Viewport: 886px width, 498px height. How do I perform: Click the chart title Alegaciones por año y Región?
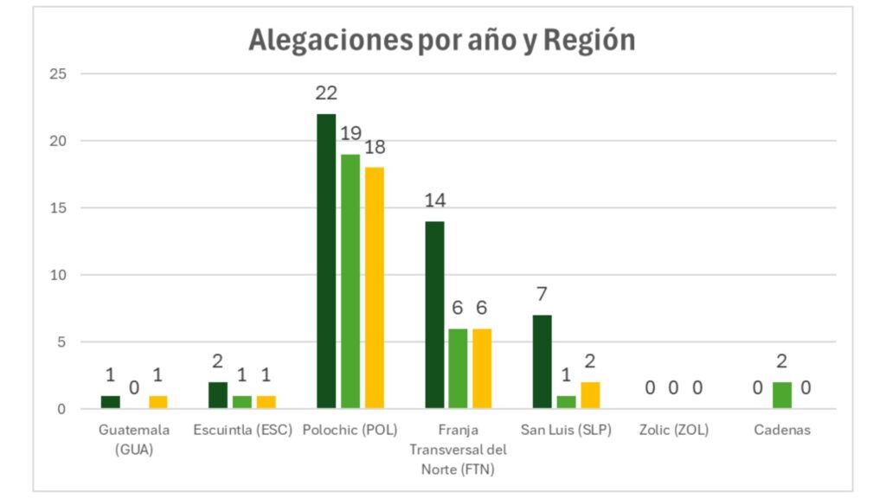click(x=441, y=40)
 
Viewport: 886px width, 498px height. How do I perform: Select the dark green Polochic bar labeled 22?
click(x=326, y=260)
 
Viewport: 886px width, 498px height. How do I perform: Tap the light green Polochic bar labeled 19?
click(x=350, y=281)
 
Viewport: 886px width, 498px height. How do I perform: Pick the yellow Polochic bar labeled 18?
click(x=374, y=287)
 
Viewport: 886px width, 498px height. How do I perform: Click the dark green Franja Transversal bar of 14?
click(x=434, y=315)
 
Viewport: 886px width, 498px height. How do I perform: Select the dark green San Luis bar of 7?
click(x=543, y=361)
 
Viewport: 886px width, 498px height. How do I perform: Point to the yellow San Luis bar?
click(x=590, y=395)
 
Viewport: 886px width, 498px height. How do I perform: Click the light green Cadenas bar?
click(x=782, y=395)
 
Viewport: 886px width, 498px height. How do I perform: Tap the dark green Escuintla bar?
click(x=218, y=395)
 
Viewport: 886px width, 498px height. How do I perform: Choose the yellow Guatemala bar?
click(x=157, y=402)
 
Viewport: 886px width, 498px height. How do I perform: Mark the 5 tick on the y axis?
click(x=62, y=342)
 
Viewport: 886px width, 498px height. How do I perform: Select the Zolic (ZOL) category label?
click(x=674, y=430)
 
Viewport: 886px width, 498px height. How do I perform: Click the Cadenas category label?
click(x=782, y=430)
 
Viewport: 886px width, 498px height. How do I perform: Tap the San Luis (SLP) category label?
click(x=566, y=430)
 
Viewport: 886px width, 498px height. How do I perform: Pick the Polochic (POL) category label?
click(x=350, y=430)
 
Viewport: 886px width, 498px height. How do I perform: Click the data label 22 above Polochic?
click(x=326, y=93)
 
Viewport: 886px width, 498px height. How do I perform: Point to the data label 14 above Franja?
click(x=434, y=201)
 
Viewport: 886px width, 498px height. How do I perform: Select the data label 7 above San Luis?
click(x=543, y=295)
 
